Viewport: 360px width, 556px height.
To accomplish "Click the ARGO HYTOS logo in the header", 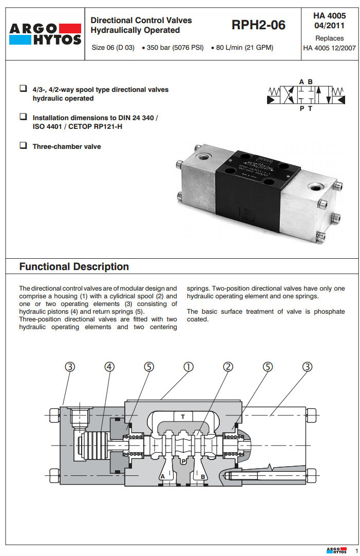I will pos(45,34).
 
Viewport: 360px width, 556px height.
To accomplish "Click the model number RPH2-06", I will pos(258,25).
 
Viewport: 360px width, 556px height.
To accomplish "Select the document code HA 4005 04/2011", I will pos(329,21).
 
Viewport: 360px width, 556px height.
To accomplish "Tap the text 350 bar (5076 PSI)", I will pos(175,48).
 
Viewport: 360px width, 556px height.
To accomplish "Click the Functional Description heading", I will pos(74,267).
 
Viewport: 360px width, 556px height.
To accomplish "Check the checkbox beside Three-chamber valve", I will pos(23,146).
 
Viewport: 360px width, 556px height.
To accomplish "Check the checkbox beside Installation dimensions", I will pos(23,117).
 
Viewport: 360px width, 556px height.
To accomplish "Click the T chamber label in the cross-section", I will pos(183,416).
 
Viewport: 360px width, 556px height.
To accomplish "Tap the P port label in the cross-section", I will pos(183,462).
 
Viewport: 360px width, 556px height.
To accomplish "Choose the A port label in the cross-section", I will pos(162,476).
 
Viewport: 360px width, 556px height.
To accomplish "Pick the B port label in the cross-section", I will pos(203,476).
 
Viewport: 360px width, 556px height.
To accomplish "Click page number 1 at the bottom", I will pos(356,550).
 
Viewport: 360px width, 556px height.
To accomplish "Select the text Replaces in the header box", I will pos(329,39).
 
